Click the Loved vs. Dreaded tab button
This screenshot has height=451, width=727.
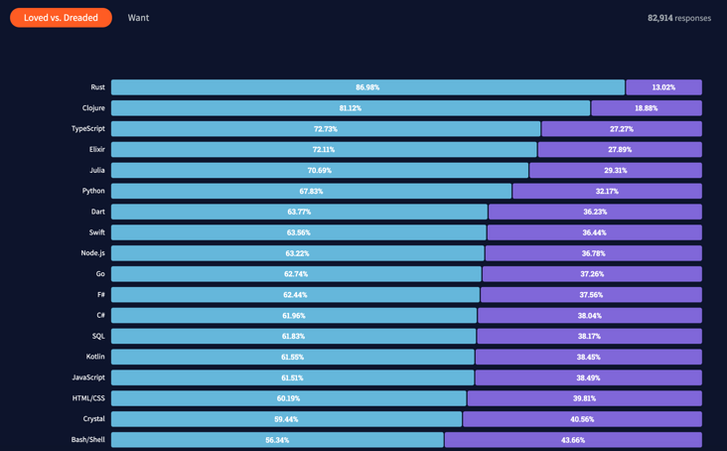pyautogui.click(x=61, y=18)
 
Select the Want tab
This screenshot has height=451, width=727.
pyautogui.click(x=138, y=18)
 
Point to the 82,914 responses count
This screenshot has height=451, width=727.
pyautogui.click(x=678, y=18)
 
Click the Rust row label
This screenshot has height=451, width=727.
pyautogui.click(x=97, y=87)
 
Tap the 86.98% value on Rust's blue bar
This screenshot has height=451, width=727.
pyautogui.click(x=367, y=87)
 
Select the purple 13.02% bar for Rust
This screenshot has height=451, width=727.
pyautogui.click(x=663, y=87)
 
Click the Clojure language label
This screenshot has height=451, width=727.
pyautogui.click(x=93, y=108)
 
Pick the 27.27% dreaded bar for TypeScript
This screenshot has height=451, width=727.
pyautogui.click(x=622, y=129)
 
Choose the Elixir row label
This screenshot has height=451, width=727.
pyautogui.click(x=96, y=150)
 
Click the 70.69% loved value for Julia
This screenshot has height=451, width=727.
pyautogui.click(x=320, y=171)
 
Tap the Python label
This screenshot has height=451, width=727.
pyautogui.click(x=93, y=191)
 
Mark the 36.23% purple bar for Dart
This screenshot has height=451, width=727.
pyautogui.click(x=595, y=212)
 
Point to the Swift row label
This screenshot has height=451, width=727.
pyautogui.click(x=96, y=232)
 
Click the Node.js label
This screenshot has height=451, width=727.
pyautogui.click(x=92, y=253)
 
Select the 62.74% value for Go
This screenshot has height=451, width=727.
pyautogui.click(x=296, y=274)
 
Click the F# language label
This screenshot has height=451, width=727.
pyautogui.click(x=100, y=295)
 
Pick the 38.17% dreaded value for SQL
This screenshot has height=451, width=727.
pyautogui.click(x=589, y=337)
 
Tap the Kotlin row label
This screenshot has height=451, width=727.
pyautogui.click(x=95, y=357)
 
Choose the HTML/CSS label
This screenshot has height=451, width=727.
pyautogui.click(x=88, y=398)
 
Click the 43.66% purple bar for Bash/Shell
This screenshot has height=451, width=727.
pyautogui.click(x=573, y=440)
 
